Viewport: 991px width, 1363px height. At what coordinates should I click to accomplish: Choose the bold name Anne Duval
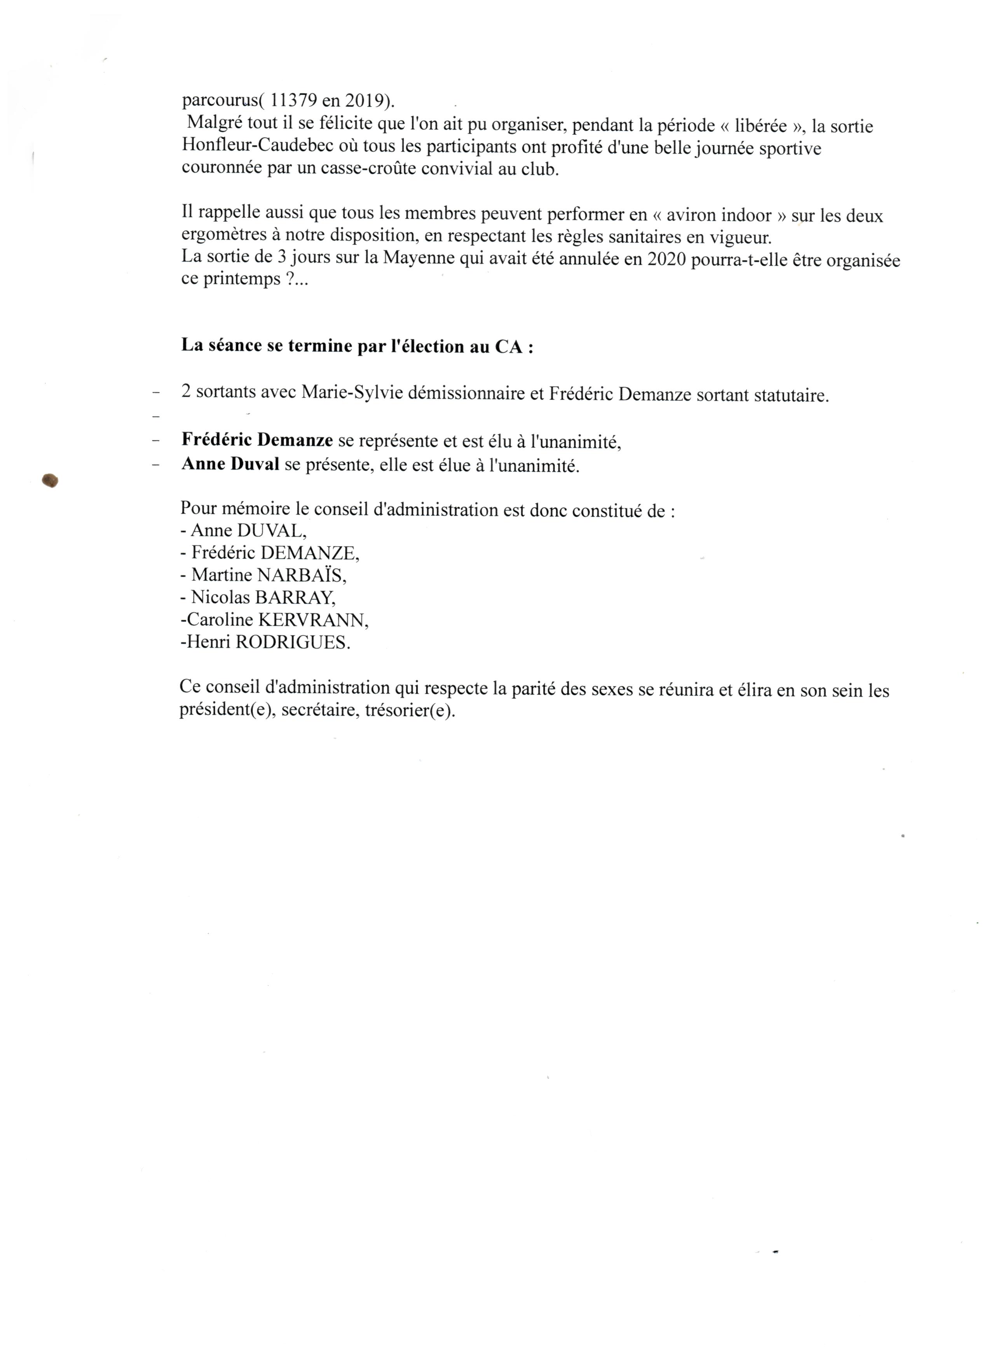click(x=230, y=464)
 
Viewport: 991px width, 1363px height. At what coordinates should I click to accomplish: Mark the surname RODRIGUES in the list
click(x=292, y=642)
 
